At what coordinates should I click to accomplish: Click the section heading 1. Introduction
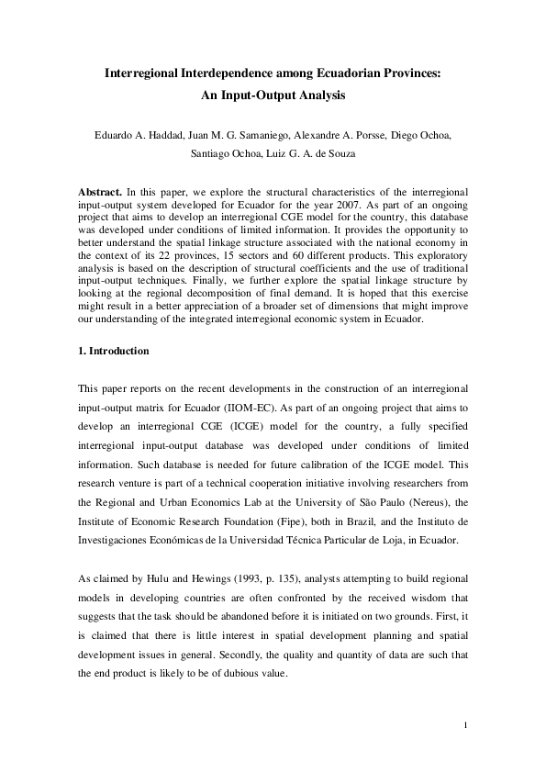[x=118, y=352]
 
